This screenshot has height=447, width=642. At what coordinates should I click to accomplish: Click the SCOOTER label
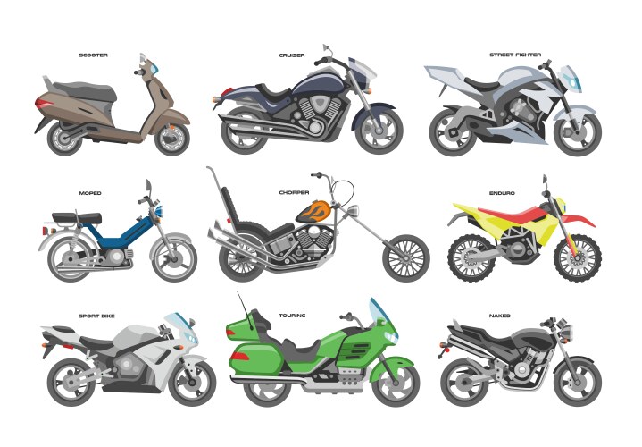(x=93, y=55)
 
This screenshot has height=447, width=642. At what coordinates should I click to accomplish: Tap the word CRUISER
(x=291, y=55)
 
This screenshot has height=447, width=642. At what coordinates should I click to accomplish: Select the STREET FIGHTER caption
(x=514, y=55)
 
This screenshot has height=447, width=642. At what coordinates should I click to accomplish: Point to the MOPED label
(x=91, y=192)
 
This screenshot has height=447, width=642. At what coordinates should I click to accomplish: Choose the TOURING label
(x=291, y=316)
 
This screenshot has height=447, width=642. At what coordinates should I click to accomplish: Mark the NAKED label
(x=500, y=316)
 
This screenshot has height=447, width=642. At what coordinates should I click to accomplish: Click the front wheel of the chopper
(x=406, y=258)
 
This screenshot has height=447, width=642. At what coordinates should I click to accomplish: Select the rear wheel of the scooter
(x=66, y=136)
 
